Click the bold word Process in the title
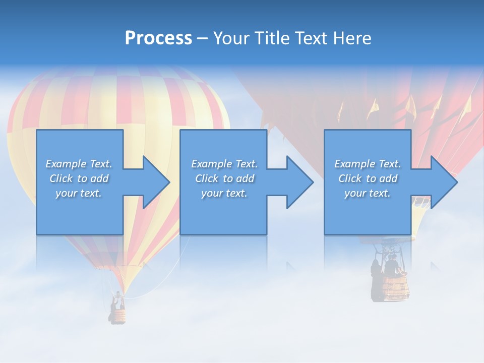coord(158,38)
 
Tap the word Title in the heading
coord(271,38)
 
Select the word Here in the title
coord(352,38)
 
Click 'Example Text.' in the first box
coord(79,164)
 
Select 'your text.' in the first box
coord(79,193)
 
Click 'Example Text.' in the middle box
coord(224,164)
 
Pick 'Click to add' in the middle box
coord(224,178)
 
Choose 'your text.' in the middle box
coord(224,193)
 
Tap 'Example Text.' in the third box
coord(368,164)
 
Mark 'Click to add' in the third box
coord(368,178)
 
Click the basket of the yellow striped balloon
coord(117,316)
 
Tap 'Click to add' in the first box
coord(79,178)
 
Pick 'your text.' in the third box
coord(368,193)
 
